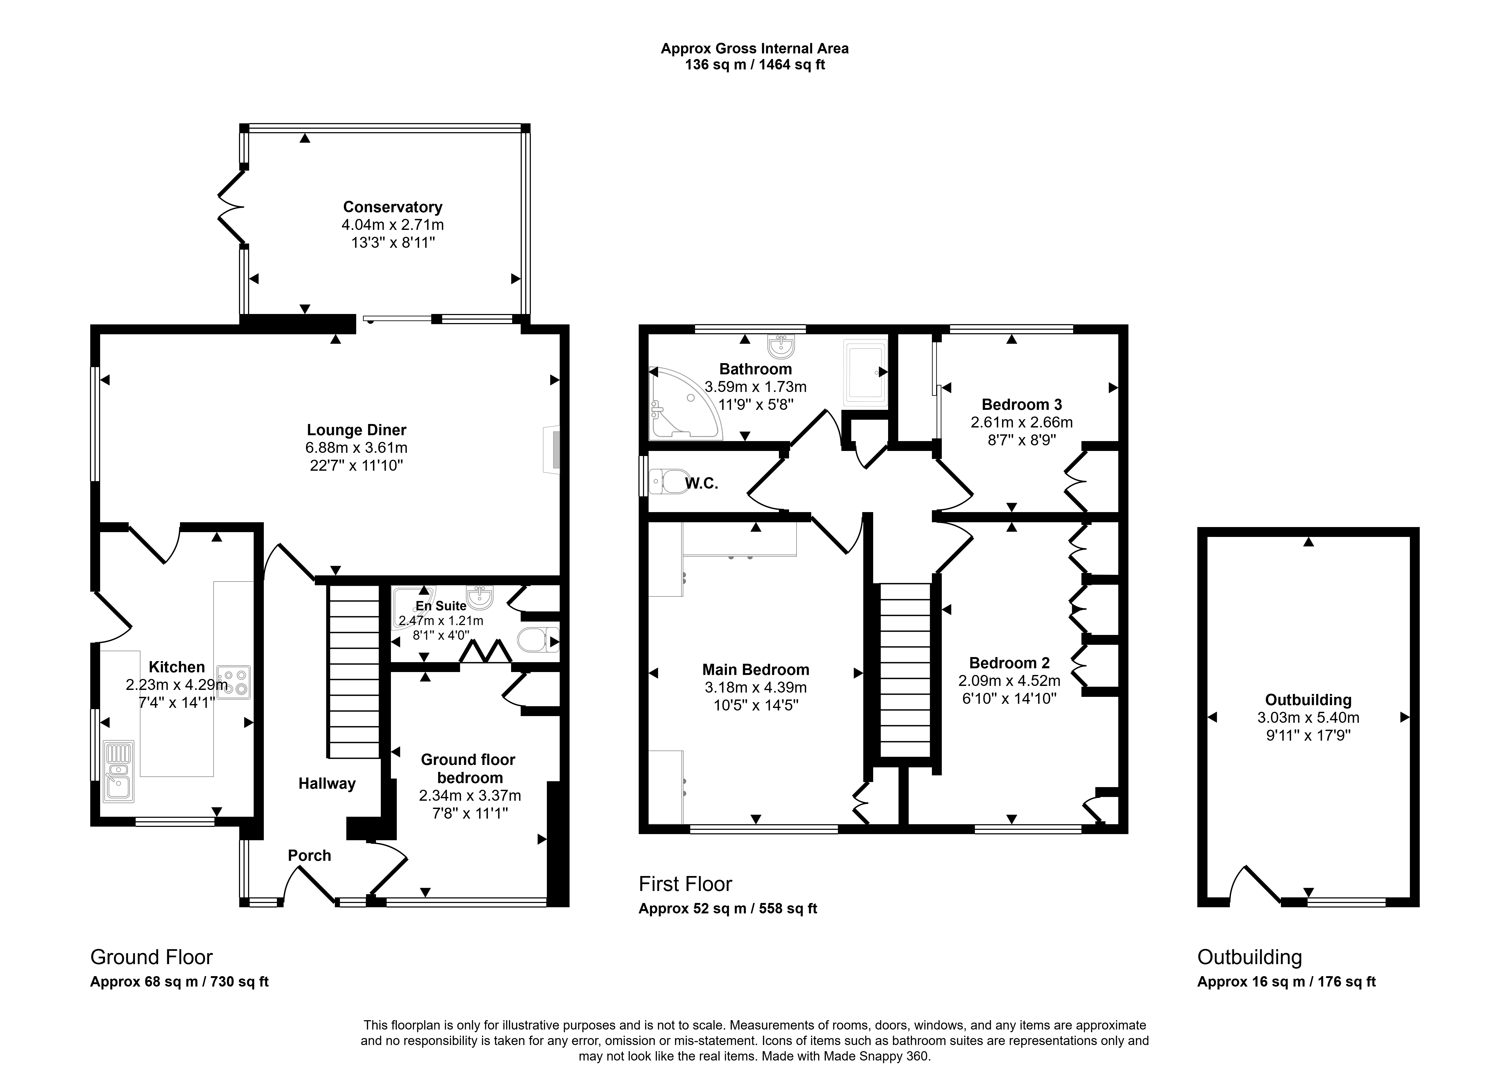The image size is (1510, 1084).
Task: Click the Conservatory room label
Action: pyautogui.click(x=393, y=207)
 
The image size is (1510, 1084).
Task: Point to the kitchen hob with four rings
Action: pyautogui.click(x=234, y=682)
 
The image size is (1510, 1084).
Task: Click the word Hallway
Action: pyautogui.click(x=327, y=784)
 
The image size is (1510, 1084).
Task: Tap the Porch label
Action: pyautogui.click(x=309, y=856)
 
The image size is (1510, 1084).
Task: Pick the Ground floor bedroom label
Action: pyautogui.click(x=468, y=768)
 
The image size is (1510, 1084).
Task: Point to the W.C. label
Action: pyautogui.click(x=702, y=484)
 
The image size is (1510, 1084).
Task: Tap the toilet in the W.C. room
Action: pyautogui.click(x=669, y=481)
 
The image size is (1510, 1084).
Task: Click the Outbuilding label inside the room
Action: pyautogui.click(x=1308, y=700)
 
